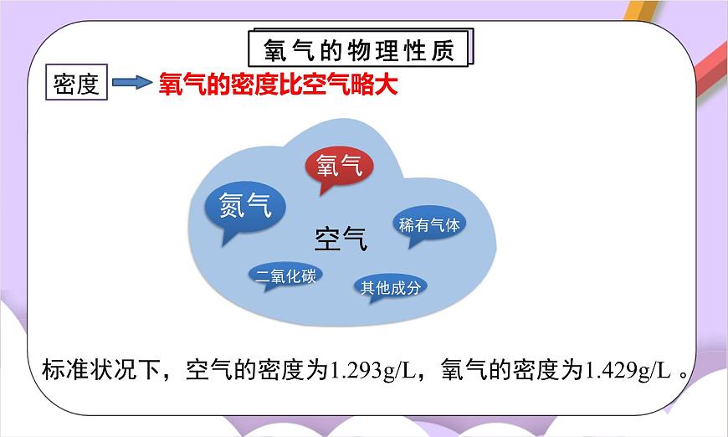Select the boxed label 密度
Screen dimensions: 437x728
click(76, 84)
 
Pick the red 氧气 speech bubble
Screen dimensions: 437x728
click(340, 166)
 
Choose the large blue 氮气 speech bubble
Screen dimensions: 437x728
click(245, 205)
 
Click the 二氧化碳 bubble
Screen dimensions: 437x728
click(286, 275)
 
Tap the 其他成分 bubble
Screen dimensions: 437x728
click(388, 287)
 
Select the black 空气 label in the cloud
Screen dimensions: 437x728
click(341, 239)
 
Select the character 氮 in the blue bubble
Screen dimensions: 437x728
click(231, 205)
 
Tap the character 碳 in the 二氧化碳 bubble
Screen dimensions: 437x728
click(308, 275)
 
